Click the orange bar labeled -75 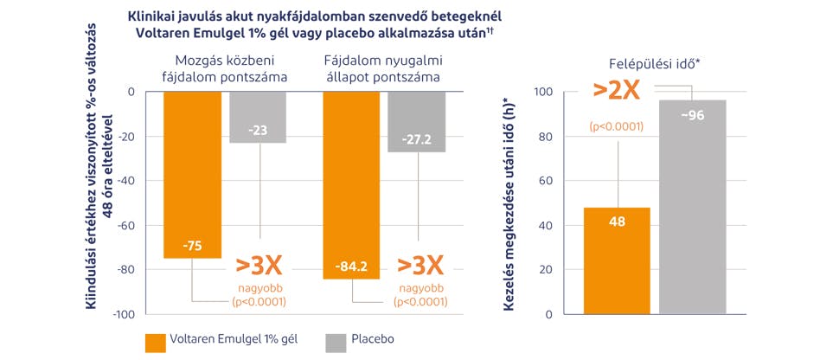tap(192, 173)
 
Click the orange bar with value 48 tap(617, 260)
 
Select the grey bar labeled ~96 tap(693, 208)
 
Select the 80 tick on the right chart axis tap(545, 137)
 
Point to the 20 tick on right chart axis tap(545, 270)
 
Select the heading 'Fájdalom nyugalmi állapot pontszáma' tap(382, 68)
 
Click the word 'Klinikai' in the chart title tap(153, 16)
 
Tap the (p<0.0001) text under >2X tap(616, 126)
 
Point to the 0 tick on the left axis tap(131, 92)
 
